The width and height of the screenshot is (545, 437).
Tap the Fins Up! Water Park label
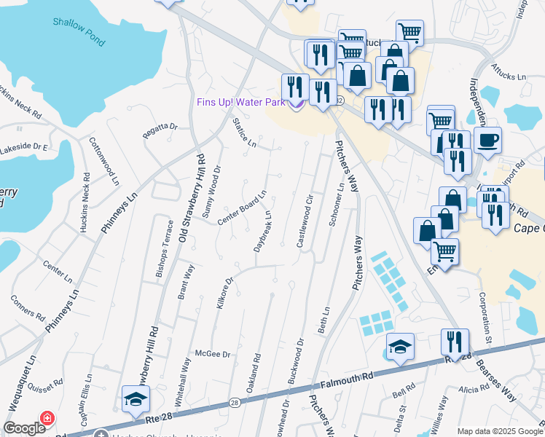[240, 103]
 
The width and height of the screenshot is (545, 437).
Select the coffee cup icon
[487, 138]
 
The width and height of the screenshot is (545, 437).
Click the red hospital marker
[47, 419]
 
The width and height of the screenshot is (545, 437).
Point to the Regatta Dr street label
[160, 127]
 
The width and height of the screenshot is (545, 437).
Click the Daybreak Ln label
[263, 232]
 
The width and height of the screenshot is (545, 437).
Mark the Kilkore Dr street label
[224, 293]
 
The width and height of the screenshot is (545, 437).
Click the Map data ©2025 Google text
[499, 431]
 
